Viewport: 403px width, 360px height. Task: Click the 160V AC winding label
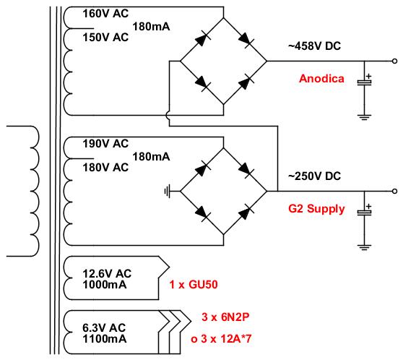point(105,14)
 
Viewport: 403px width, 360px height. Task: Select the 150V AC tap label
point(105,38)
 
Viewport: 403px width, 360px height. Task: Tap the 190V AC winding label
point(105,144)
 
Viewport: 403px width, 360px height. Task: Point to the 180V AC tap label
point(105,168)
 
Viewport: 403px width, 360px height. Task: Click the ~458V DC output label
point(315,46)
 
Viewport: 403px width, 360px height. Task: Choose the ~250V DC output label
point(315,176)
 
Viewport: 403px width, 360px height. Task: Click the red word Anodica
point(321,79)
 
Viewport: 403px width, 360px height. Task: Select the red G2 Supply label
point(316,209)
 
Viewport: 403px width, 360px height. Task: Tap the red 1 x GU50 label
point(194,285)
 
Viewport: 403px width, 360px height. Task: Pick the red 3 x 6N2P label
point(225,317)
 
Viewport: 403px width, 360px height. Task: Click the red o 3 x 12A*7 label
point(221,339)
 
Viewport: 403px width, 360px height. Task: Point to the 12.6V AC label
point(107,273)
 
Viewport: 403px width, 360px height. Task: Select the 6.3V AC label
point(104,328)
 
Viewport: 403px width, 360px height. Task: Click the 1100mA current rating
point(105,339)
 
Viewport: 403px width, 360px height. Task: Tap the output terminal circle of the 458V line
point(394,61)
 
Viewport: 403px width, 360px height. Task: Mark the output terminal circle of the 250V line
point(394,191)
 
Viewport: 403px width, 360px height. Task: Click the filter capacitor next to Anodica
point(365,82)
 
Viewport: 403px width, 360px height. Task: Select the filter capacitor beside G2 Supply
point(365,213)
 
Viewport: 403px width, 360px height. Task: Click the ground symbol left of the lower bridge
point(168,192)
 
